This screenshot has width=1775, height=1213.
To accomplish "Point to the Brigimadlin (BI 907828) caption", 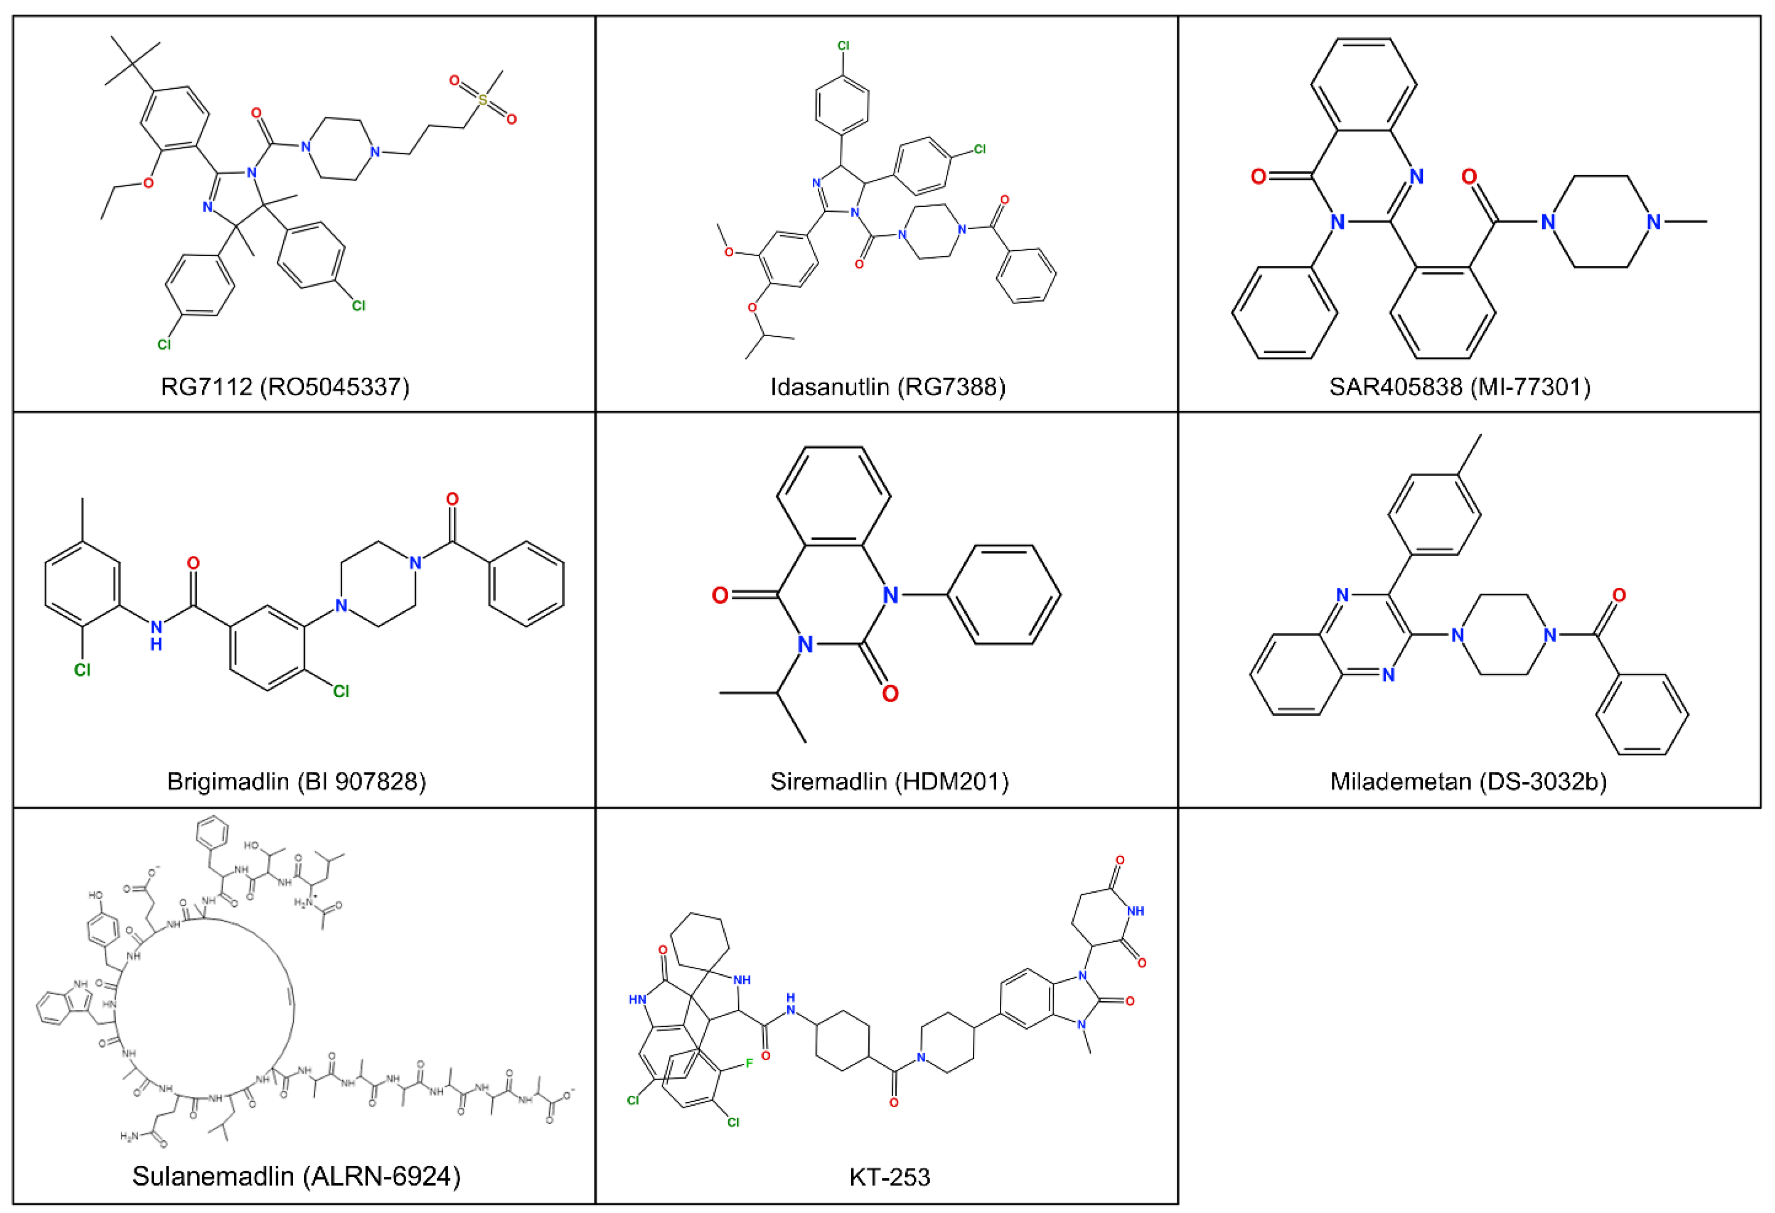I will click(296, 781).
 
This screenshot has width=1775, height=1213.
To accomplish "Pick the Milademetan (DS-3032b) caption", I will click(1468, 781).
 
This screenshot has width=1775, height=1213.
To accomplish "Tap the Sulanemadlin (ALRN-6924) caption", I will click(296, 1176).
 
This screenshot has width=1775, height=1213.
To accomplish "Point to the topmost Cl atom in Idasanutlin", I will click(843, 46).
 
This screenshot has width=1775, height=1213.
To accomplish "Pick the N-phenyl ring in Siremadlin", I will click(1003, 594).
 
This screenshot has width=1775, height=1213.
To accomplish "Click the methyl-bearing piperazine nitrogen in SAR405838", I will click(1653, 222).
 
